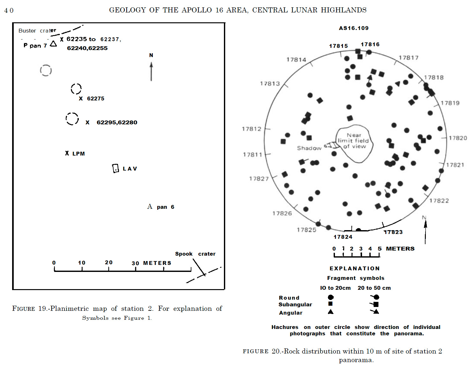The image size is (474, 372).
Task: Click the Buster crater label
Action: [37, 31]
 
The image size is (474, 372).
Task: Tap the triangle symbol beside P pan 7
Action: [54, 44]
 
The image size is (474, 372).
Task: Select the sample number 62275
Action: [95, 98]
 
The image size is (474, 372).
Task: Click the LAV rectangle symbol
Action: [115, 168]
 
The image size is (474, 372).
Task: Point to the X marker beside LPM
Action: [67, 153]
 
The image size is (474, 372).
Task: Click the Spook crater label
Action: [195, 254]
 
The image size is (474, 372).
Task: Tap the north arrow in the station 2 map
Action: [151, 71]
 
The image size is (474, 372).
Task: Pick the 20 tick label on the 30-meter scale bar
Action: [109, 262]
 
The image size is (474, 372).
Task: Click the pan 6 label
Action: [165, 207]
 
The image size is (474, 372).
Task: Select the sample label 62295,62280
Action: [117, 122]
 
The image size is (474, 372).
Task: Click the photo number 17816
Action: [370, 44]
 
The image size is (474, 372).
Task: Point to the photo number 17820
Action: [458, 138]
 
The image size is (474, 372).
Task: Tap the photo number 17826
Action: [282, 213]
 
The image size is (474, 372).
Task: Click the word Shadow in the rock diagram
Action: [309, 148]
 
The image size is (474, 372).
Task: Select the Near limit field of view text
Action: [354, 141]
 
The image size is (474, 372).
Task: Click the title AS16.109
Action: [353, 28]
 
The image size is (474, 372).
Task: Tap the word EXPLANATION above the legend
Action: [354, 268]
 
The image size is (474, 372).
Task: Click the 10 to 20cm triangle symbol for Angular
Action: [331, 312]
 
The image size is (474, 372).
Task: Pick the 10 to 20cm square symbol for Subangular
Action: [330, 304]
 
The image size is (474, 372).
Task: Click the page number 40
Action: [9, 11]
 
